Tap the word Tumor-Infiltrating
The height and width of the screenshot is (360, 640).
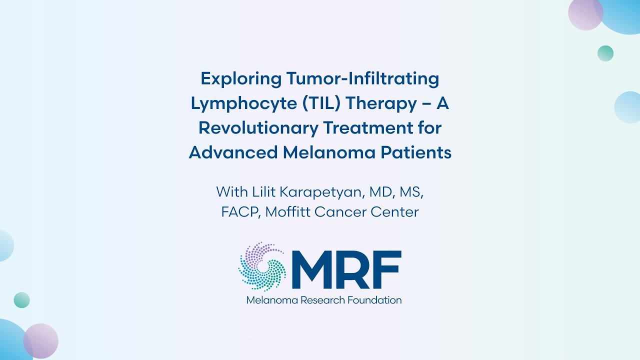[x=362, y=79]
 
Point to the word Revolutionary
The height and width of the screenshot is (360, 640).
[x=257, y=128]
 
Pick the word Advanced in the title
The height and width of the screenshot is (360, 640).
[x=233, y=152]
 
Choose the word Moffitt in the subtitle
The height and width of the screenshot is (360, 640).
[x=288, y=212]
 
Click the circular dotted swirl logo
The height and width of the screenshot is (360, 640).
[x=262, y=266]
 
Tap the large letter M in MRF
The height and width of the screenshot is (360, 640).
[x=312, y=270]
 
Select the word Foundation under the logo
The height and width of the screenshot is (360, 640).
[x=376, y=300]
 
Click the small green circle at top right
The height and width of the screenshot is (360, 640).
[x=605, y=53]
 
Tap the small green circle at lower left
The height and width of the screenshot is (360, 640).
[x=22, y=300]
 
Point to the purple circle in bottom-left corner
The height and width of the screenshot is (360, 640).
[x=41, y=341]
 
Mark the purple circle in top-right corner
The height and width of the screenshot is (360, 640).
[x=585, y=13]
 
